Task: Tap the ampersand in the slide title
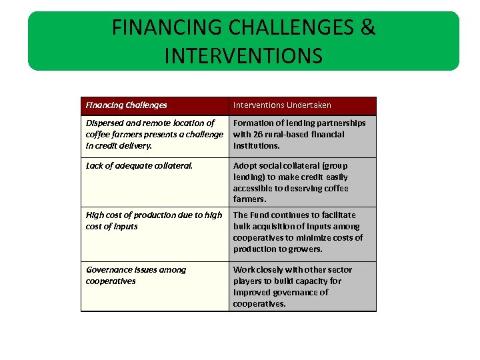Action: (369, 28)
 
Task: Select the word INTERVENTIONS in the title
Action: (243, 55)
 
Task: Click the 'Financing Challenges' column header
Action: (126, 105)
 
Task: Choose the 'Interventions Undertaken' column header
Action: (282, 105)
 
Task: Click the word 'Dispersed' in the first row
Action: (105, 123)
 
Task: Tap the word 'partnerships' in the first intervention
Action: (341, 123)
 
